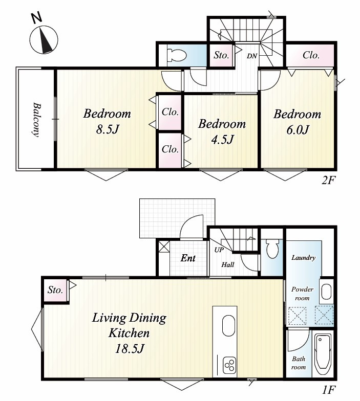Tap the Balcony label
point(37,120)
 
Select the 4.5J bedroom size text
point(222,140)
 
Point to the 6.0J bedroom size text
point(298,130)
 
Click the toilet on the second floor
point(176,55)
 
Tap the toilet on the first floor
point(272,249)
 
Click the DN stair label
point(252,56)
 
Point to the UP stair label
point(219,250)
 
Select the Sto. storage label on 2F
point(221,55)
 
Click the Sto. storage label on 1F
point(55,289)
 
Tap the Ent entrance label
point(188,258)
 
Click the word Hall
point(227,264)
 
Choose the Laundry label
point(303,258)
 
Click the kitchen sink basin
point(228,325)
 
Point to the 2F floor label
point(328,181)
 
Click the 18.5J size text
point(130,348)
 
